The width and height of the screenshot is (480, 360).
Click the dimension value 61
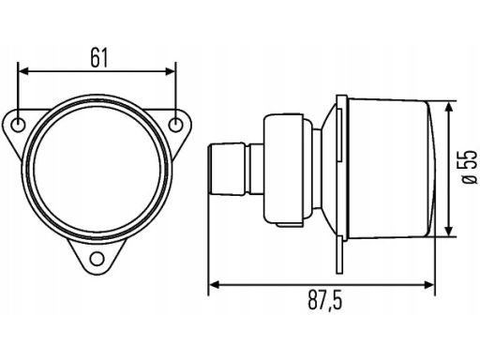coord(99,58)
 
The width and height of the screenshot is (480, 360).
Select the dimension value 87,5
coord(325,300)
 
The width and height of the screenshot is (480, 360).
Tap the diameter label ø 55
coord(470,167)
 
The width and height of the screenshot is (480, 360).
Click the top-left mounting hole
coord(18,126)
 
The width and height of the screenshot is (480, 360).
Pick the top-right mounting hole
coord(175,126)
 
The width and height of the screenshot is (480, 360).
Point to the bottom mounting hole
coord(97,259)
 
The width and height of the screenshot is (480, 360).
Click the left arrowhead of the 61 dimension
coord(23,71)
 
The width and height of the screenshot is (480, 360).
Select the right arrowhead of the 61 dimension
coord(170,71)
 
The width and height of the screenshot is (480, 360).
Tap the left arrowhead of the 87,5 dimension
coord(214,284)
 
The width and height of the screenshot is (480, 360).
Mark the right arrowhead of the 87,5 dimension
coord(429,284)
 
